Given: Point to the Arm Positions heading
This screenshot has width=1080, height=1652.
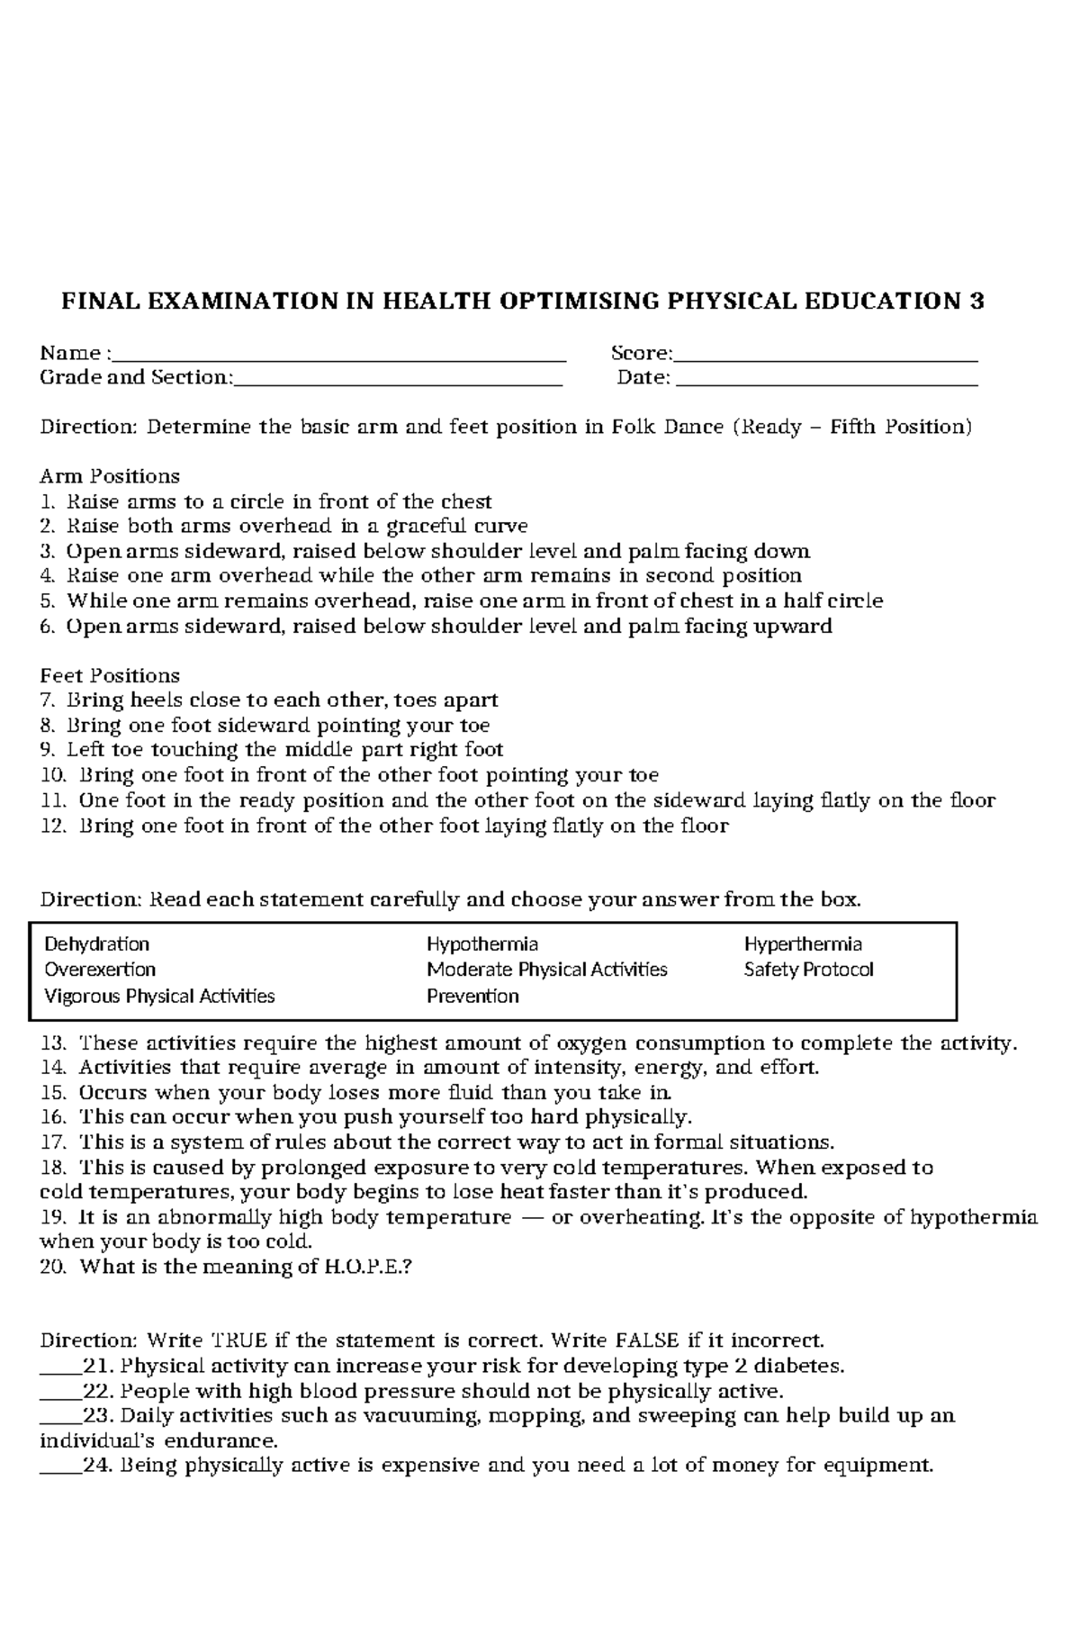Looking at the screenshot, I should pyautogui.click(x=110, y=476).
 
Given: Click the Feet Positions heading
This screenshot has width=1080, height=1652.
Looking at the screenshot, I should pyautogui.click(x=110, y=676).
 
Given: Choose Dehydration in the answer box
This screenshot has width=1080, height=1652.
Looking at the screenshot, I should pyautogui.click(x=96, y=944).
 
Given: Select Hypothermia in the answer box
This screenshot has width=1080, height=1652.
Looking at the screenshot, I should pyautogui.click(x=482, y=944).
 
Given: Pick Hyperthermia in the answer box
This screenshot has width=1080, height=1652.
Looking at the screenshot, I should pyautogui.click(x=803, y=944).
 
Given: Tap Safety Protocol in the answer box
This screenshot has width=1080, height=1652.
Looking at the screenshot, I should pyautogui.click(x=808, y=970).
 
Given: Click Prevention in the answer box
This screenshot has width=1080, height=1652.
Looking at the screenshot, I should pyautogui.click(x=472, y=996).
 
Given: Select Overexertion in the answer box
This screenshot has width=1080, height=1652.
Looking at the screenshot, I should pyautogui.click(x=100, y=970).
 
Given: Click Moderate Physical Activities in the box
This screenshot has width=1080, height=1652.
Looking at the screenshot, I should pyautogui.click(x=547, y=970).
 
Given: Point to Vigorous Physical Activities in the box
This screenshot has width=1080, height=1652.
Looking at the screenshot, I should pyautogui.click(x=159, y=996).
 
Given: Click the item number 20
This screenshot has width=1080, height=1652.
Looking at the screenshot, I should pyautogui.click(x=53, y=1268).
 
